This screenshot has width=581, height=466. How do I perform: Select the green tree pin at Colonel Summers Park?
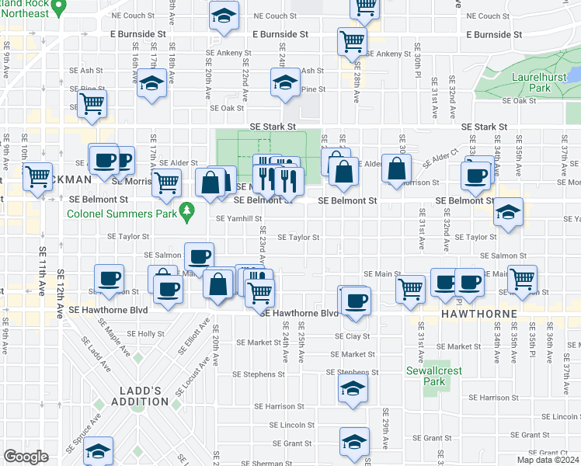coord(186,210)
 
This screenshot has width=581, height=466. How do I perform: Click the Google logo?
coord(26,457)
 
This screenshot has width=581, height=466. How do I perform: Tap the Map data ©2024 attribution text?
coord(548,460)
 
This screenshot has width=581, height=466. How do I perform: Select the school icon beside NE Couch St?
coord(224,16)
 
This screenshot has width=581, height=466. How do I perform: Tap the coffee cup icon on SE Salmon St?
coord(199,256)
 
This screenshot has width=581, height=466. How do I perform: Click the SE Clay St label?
coord(353,337)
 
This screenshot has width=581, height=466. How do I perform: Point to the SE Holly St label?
coord(141,334)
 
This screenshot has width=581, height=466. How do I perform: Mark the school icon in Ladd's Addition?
coord(99,450)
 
